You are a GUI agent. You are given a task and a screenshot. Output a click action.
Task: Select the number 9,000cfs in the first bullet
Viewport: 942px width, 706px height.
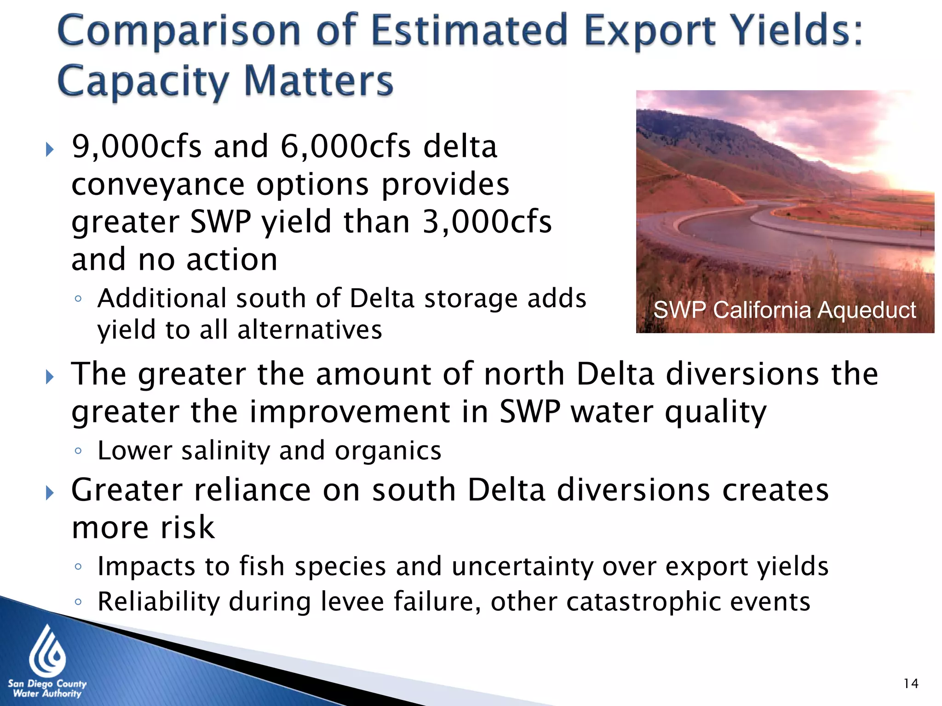137,147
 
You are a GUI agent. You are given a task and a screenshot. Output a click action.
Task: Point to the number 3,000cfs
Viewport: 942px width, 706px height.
487,222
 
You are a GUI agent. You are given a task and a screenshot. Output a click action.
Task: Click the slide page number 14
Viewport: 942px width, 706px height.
911,683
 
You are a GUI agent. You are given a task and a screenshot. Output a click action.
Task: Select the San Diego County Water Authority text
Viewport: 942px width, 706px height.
47,689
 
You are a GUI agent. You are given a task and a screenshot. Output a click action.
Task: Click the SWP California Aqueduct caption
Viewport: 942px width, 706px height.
785,310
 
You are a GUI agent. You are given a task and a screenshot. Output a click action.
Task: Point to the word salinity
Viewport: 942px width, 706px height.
225,450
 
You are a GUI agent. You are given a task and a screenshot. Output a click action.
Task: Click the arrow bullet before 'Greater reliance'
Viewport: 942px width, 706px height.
50,493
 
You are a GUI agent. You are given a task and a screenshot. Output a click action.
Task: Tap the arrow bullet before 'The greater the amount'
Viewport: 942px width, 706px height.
50,377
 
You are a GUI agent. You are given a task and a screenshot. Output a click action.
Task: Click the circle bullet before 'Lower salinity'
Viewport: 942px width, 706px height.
78,451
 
